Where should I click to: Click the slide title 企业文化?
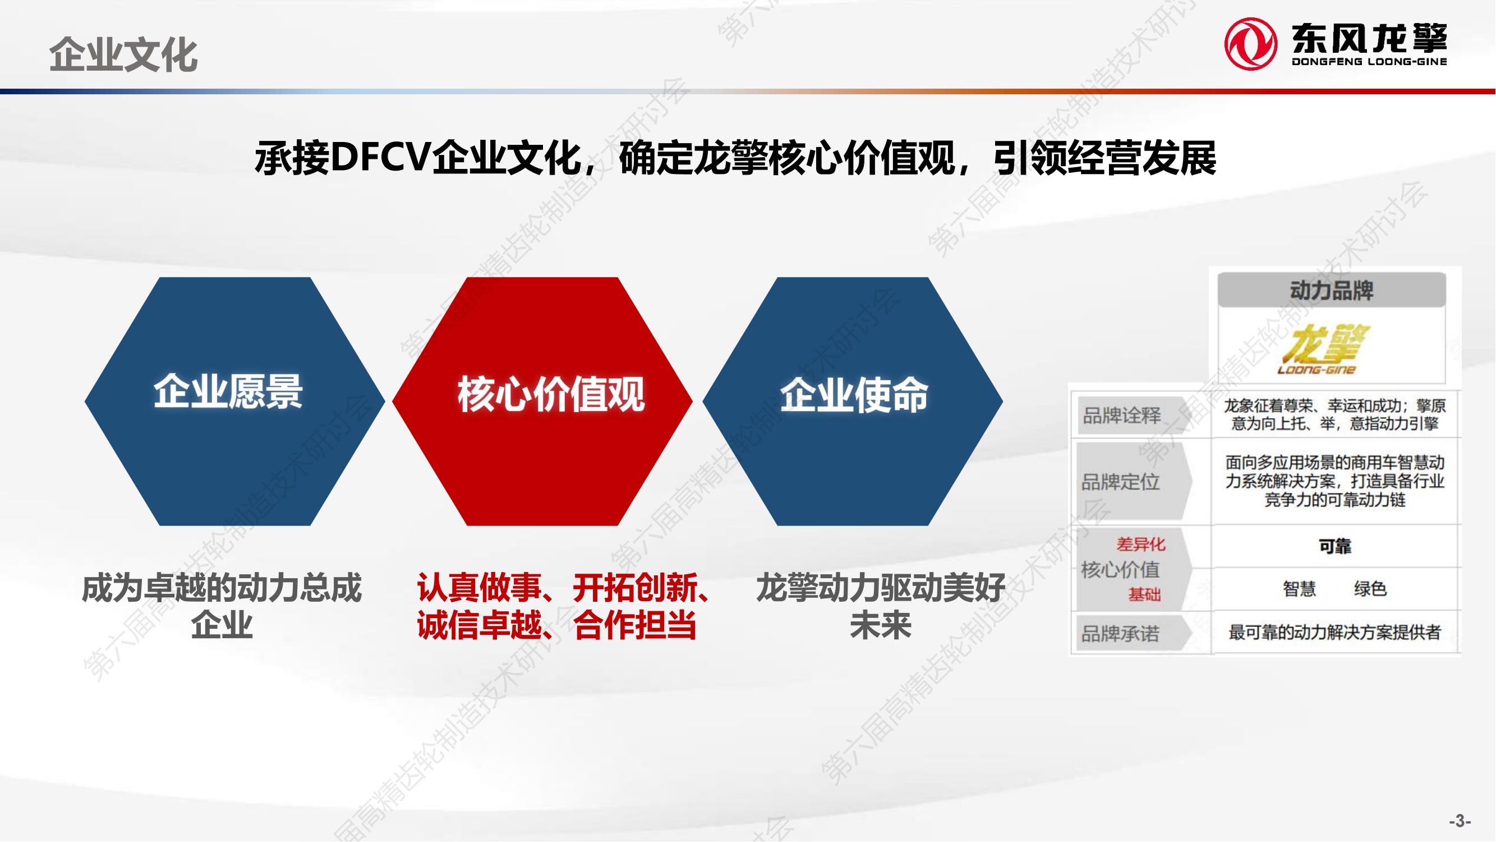click(x=123, y=56)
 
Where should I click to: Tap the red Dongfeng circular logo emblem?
click(x=1250, y=43)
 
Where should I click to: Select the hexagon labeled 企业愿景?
click(x=234, y=401)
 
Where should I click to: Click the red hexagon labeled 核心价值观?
click(x=542, y=401)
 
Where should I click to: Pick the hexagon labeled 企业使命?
click(x=853, y=401)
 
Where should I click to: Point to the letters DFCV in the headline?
click(x=380, y=158)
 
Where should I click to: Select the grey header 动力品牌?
click(x=1332, y=290)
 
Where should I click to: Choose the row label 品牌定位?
click(x=1120, y=482)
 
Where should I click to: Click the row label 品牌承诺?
click(x=1120, y=633)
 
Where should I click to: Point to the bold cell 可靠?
click(x=1335, y=546)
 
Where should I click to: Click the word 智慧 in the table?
click(x=1299, y=589)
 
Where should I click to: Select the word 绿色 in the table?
click(x=1370, y=589)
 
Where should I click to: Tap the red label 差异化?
click(x=1140, y=544)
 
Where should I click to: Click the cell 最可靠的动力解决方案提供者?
click(x=1334, y=632)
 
